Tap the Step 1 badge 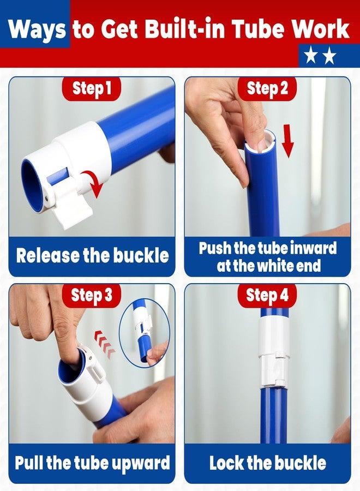tap(92, 88)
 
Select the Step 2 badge tap(267, 88)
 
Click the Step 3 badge tap(92, 295)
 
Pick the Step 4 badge tap(267, 295)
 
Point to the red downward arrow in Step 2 tap(287, 141)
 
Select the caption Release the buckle tap(92, 255)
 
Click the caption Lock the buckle tap(268, 463)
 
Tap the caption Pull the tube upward tap(92, 463)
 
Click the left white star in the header tap(310, 56)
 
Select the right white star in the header tap(329, 56)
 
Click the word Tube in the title tap(258, 29)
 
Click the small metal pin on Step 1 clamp tap(47, 198)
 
